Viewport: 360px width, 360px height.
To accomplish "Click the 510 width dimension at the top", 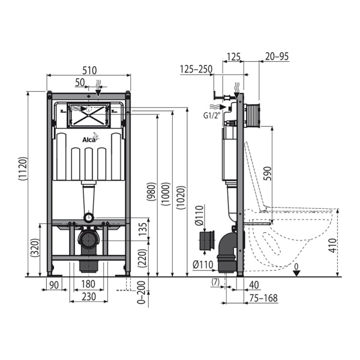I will coord(88,70).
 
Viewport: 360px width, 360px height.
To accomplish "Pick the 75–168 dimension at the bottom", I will coord(265,298).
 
